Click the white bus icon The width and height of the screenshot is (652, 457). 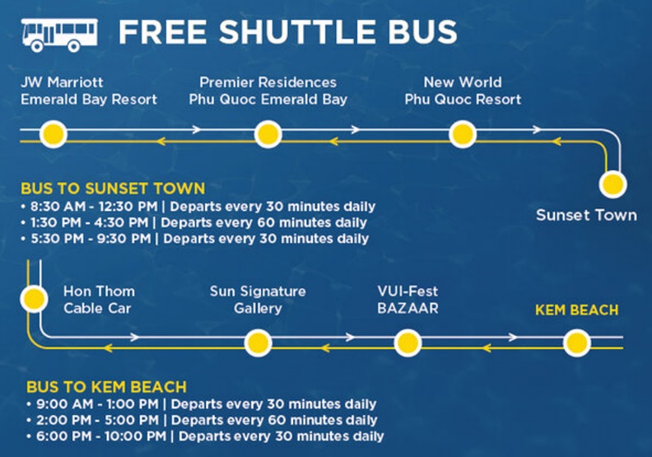pyautogui.click(x=59, y=35)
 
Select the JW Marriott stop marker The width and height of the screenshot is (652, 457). pyautogui.click(x=54, y=134)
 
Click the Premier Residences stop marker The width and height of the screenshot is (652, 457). pyautogui.click(x=268, y=134)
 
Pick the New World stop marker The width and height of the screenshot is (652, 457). pyautogui.click(x=463, y=134)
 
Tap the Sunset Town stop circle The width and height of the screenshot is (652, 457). pyautogui.click(x=613, y=184)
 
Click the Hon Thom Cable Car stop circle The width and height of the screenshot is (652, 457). pyautogui.click(x=34, y=299)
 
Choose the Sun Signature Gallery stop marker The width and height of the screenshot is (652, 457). pyautogui.click(x=258, y=343)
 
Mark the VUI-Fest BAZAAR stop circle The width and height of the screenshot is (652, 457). pyautogui.click(x=407, y=343)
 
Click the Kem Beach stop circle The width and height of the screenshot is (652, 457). pyautogui.click(x=577, y=343)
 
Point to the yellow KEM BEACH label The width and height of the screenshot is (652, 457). pyautogui.click(x=577, y=310)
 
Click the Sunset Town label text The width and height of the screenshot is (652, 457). pyautogui.click(x=586, y=215)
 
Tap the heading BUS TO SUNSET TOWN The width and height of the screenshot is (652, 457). pyautogui.click(x=113, y=189)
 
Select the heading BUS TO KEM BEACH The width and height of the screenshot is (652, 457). pyautogui.click(x=106, y=387)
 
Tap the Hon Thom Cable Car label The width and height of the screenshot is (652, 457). pyautogui.click(x=99, y=300)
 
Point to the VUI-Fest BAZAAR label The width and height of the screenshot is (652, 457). pyautogui.click(x=407, y=300)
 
